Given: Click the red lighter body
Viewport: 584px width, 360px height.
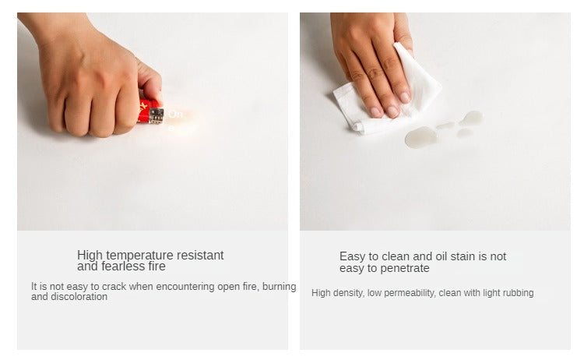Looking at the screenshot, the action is click(145, 111).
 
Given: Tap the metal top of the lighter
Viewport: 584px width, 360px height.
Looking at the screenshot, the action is click(156, 116).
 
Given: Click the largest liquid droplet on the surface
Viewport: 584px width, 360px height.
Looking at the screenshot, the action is click(420, 137).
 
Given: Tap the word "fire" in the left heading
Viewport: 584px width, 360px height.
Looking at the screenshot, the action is click(156, 266).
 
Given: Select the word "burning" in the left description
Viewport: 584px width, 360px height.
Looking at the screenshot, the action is click(280, 287).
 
